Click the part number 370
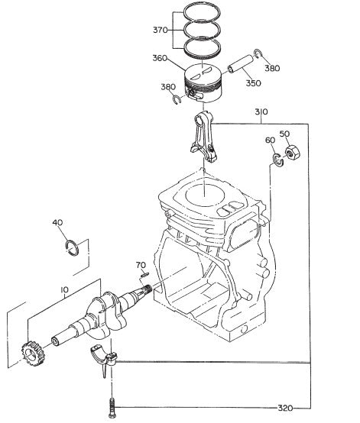tap(160, 31)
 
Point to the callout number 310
tap(261, 112)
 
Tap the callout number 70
tap(140, 265)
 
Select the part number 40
tap(57, 223)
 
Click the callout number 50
tap(284, 134)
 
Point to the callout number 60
tap(270, 140)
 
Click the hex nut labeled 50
tap(291, 153)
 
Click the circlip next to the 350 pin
tap(260, 53)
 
